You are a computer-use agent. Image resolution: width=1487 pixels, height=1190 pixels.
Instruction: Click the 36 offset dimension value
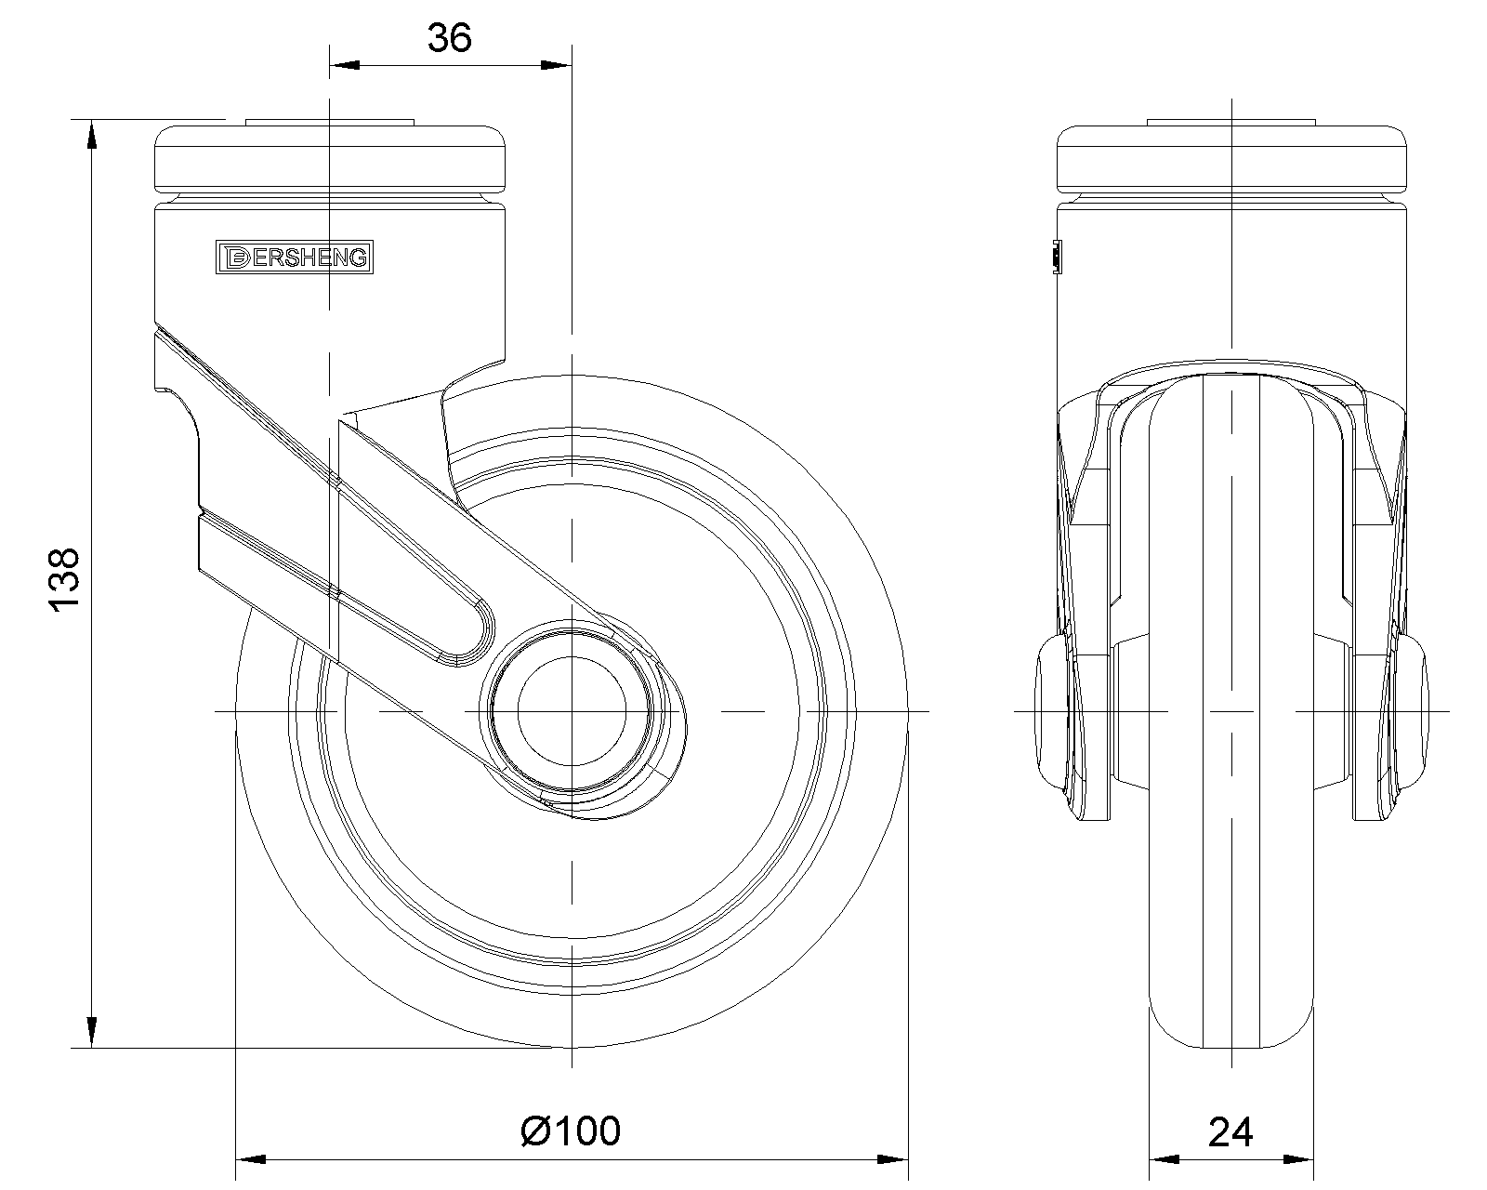coord(450,38)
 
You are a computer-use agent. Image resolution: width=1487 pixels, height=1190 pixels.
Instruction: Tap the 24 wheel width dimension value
coord(1230,1131)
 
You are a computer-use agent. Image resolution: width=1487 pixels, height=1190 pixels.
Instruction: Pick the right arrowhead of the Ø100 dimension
coord(892,1159)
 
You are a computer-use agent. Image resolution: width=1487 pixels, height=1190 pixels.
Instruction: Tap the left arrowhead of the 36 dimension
coord(344,65)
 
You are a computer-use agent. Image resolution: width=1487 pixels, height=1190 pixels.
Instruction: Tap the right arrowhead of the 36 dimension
coord(557,65)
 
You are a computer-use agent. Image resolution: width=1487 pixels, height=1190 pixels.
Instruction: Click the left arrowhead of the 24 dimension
coord(1163,1159)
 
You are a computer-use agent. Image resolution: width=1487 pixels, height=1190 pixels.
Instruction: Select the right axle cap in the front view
coord(1415,711)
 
